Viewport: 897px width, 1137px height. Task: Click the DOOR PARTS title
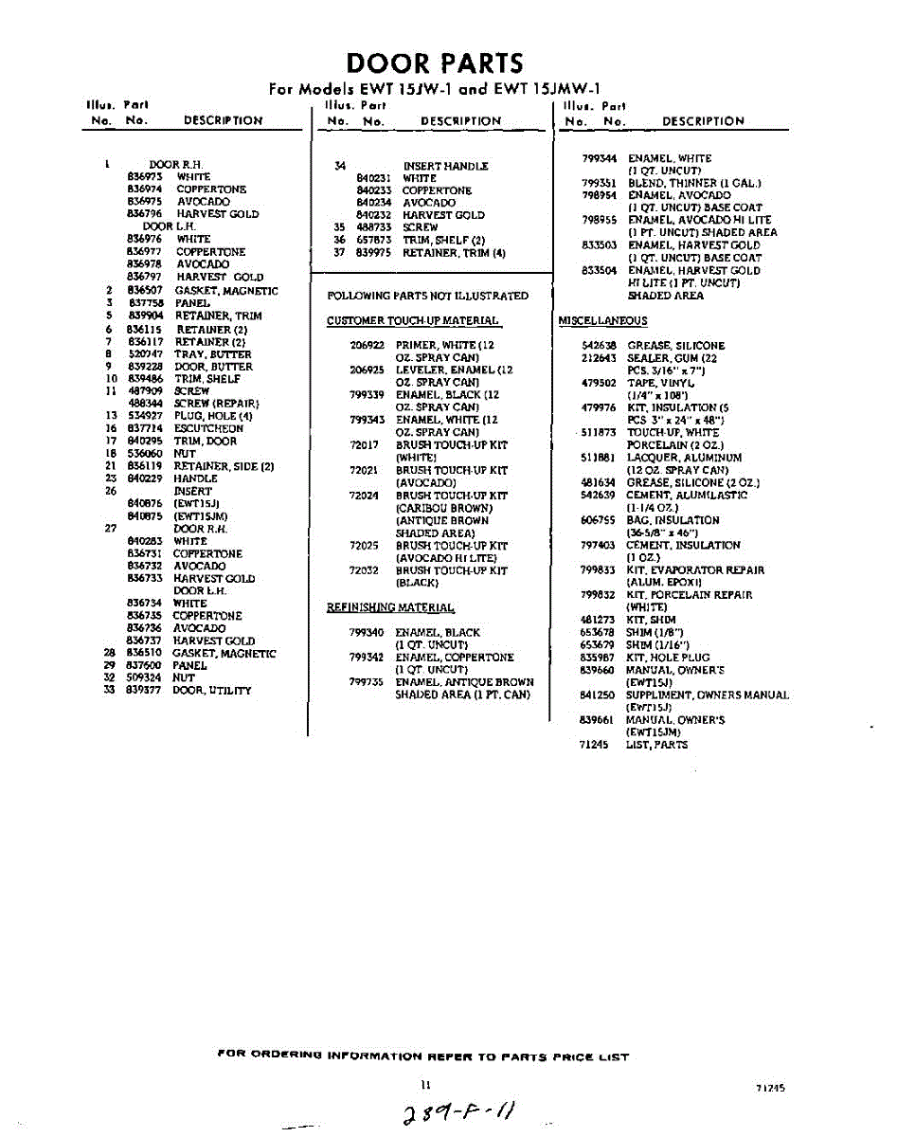(x=435, y=63)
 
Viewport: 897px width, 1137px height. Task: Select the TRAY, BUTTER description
(x=212, y=353)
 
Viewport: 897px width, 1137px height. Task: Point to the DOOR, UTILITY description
(x=212, y=691)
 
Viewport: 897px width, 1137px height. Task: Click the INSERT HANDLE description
(x=445, y=166)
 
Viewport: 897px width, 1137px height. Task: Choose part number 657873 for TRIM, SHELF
(x=373, y=240)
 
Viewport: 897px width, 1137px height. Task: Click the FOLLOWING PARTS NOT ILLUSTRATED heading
(x=427, y=296)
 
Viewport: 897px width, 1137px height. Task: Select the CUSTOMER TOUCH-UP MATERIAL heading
(x=412, y=320)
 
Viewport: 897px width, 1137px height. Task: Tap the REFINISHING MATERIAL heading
(x=390, y=607)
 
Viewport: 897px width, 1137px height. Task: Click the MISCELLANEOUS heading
(x=603, y=320)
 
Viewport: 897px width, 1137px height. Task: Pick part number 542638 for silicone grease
(x=598, y=346)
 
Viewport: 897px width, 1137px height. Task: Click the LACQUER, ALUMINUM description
(x=685, y=458)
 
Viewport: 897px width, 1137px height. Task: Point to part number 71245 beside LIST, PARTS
(x=594, y=745)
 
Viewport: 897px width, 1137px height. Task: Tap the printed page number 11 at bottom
(x=426, y=1085)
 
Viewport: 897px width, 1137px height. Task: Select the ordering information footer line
(x=422, y=1056)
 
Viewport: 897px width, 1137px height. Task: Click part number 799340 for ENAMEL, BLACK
(x=366, y=632)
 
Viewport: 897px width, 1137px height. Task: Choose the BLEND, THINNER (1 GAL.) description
(x=694, y=183)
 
